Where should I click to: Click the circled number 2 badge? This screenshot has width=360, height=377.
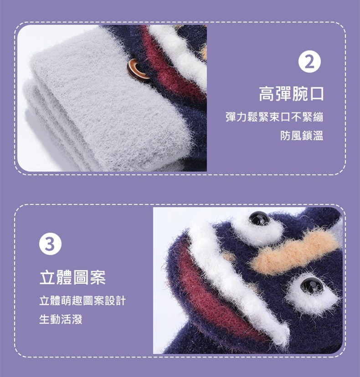(309, 62)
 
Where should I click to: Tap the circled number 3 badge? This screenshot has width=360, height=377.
(50, 243)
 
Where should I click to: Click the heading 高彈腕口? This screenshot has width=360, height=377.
(291, 94)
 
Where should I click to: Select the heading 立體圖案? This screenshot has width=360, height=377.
(72, 278)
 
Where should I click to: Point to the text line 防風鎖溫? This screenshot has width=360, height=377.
(302, 135)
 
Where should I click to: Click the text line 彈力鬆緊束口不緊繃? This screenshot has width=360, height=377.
(274, 117)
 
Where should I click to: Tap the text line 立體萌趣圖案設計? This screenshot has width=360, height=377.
(82, 301)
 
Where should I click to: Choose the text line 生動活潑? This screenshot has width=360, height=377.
(61, 319)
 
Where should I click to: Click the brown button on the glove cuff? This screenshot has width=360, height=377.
(135, 70)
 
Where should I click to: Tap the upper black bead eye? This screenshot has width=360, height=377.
(259, 218)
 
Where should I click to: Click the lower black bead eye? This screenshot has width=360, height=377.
(312, 285)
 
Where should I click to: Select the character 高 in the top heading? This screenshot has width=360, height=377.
(267, 94)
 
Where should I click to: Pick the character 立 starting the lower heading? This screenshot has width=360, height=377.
(47, 278)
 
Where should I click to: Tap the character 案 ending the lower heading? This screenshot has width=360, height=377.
(98, 278)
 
